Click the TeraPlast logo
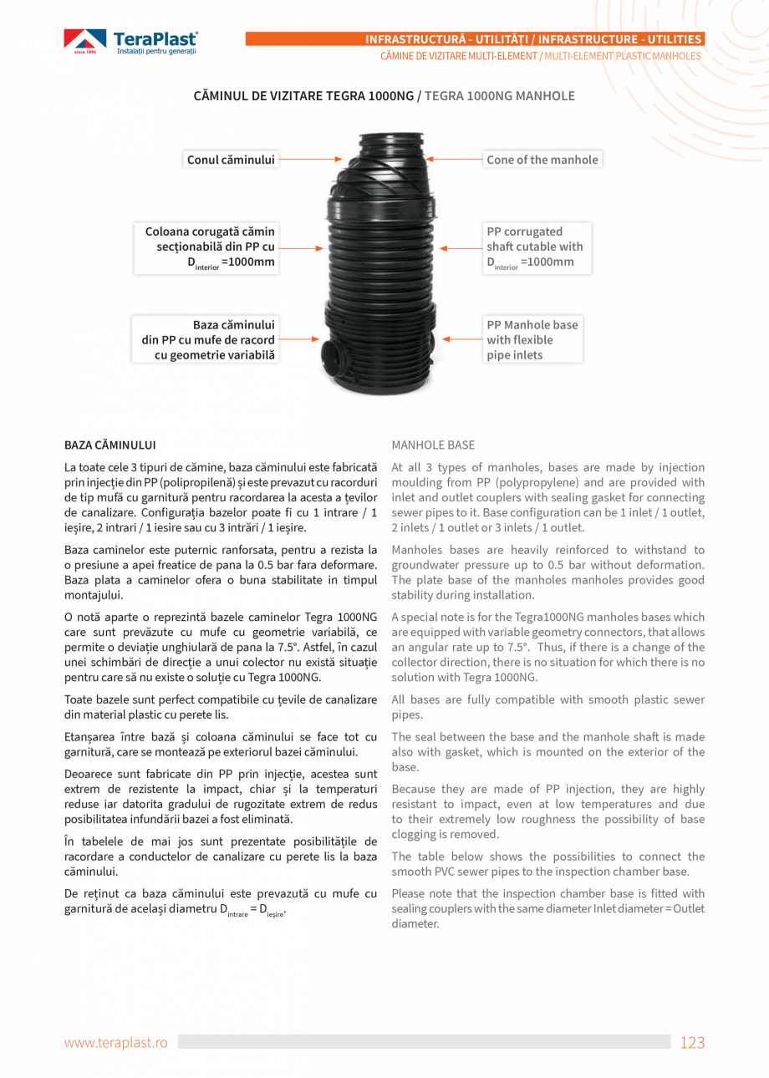point(131,42)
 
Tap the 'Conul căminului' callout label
point(231,160)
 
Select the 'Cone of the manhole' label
point(542,160)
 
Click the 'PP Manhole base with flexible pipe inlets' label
point(532,339)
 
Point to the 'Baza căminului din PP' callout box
point(208,339)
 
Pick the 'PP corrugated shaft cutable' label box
point(535,247)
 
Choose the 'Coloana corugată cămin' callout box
point(208,247)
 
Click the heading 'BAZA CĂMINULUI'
point(109,445)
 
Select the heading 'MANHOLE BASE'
point(433,445)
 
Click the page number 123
point(692,1042)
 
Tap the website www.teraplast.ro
point(116,1042)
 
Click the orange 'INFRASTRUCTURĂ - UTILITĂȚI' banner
point(535,39)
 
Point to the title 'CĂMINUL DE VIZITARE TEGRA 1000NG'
point(303,96)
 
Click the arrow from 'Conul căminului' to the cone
point(309,158)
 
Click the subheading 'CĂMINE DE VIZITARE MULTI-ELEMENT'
point(459,56)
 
